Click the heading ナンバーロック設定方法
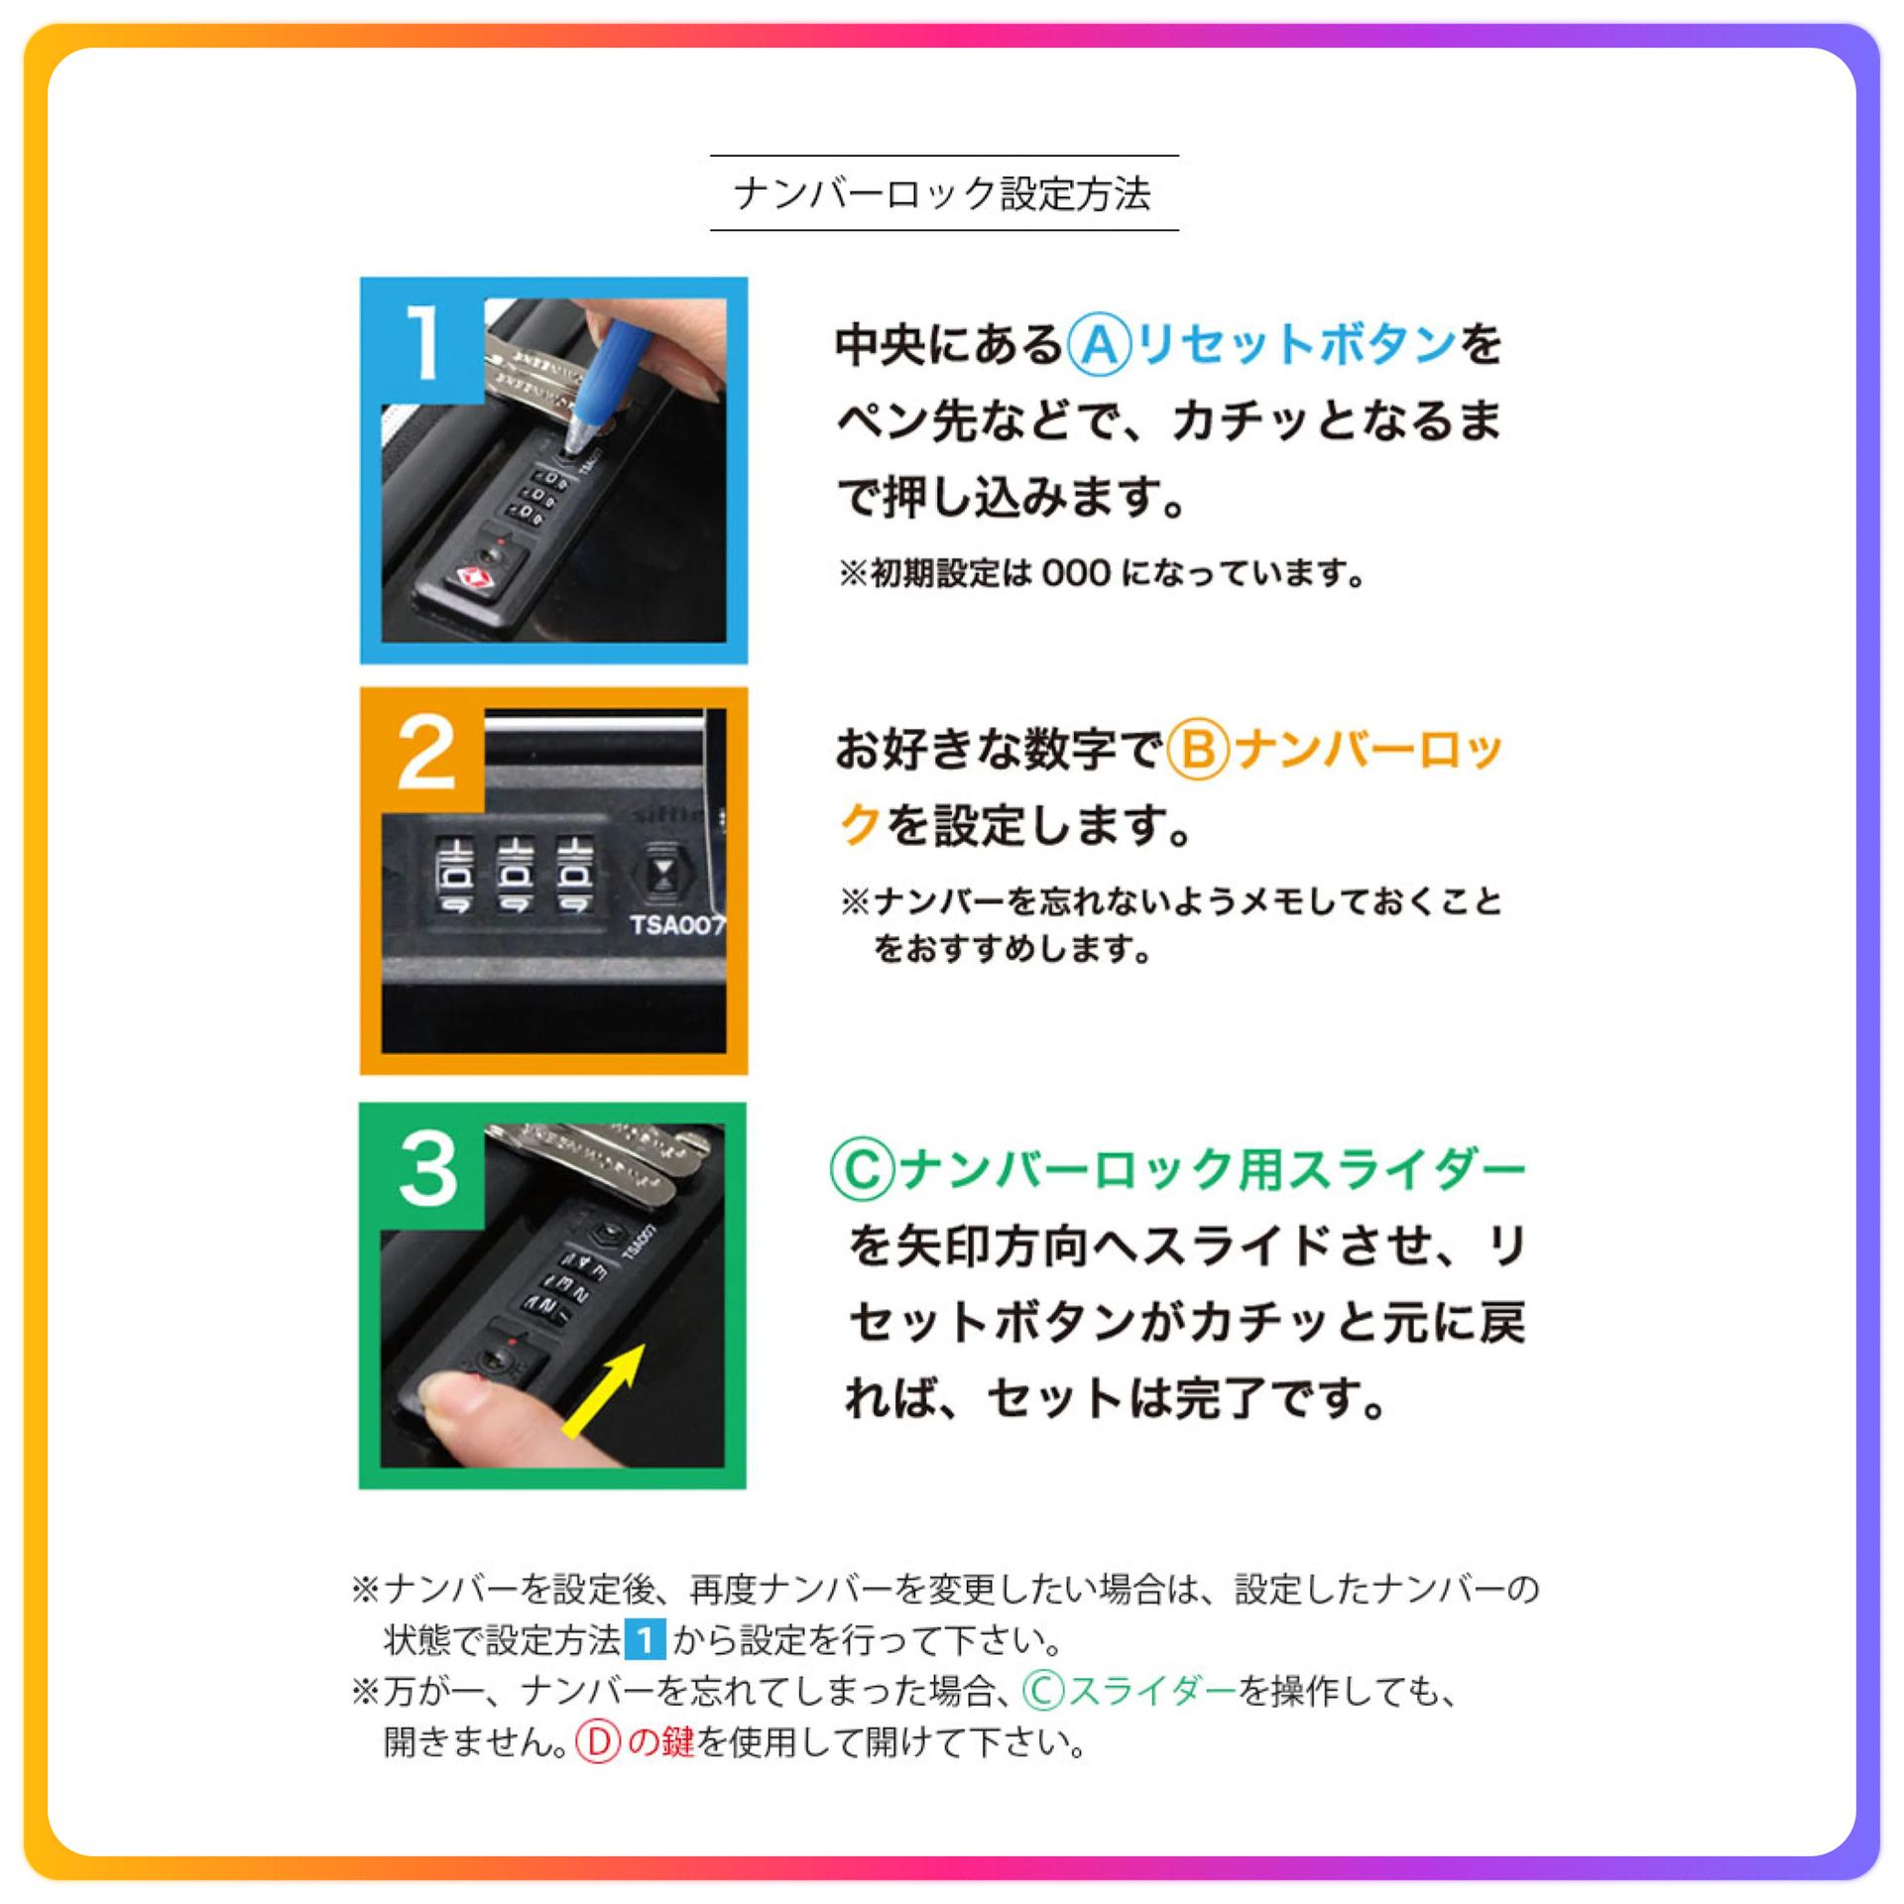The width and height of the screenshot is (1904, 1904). point(942,193)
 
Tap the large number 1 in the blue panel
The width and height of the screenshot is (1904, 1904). point(424,342)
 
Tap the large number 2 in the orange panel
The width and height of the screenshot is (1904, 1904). point(426,754)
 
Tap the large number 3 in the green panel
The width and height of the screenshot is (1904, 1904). point(427,1168)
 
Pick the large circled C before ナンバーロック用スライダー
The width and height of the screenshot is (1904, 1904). point(862,1170)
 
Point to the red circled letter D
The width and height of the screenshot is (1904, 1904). point(598,1741)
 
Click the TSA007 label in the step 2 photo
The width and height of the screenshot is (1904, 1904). point(678,925)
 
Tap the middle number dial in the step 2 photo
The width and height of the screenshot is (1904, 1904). point(515,875)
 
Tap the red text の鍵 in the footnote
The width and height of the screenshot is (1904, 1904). point(660,1742)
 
